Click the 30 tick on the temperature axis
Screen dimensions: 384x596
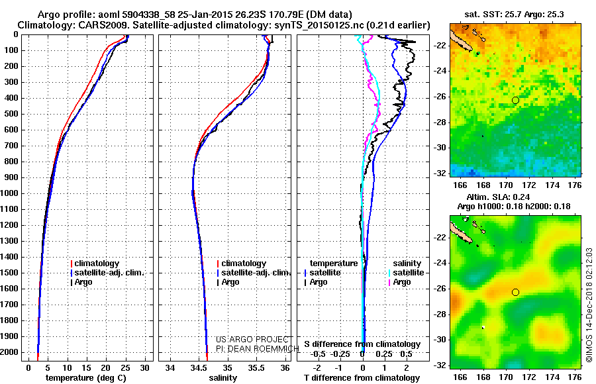point(144,367)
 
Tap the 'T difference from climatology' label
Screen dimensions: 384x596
point(362,377)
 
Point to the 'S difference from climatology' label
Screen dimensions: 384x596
point(362,344)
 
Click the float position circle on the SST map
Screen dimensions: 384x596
point(515,100)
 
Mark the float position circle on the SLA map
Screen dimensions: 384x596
point(515,292)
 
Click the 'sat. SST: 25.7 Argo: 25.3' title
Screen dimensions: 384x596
point(515,14)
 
